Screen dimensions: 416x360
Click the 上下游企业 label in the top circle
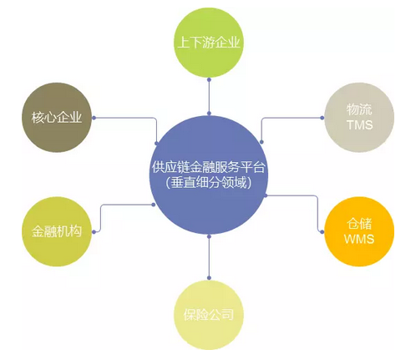point(209,43)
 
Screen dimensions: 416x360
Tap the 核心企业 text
point(57,117)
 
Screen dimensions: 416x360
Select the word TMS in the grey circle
point(360,124)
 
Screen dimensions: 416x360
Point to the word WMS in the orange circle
point(359,239)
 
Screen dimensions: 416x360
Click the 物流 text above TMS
point(359,109)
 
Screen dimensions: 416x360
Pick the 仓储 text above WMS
point(359,224)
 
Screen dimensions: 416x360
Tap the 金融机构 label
point(57,231)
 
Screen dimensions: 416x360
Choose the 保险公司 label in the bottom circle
point(209,315)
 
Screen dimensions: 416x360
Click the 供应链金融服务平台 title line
point(209,167)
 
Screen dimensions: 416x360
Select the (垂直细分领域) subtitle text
point(209,183)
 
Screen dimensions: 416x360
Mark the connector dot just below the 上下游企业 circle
point(209,80)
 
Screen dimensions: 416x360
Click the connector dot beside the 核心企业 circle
point(94,118)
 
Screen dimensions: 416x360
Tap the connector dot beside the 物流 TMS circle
point(322,118)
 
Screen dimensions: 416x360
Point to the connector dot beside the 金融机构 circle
point(94,232)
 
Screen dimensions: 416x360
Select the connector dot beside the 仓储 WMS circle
point(322,232)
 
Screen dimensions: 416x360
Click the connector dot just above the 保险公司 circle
point(209,278)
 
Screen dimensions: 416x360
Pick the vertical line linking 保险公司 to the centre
point(209,257)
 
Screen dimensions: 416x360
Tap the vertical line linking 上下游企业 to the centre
point(209,97)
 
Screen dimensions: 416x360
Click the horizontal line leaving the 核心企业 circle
point(124,118)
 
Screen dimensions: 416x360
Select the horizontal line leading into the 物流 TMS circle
point(293,118)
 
